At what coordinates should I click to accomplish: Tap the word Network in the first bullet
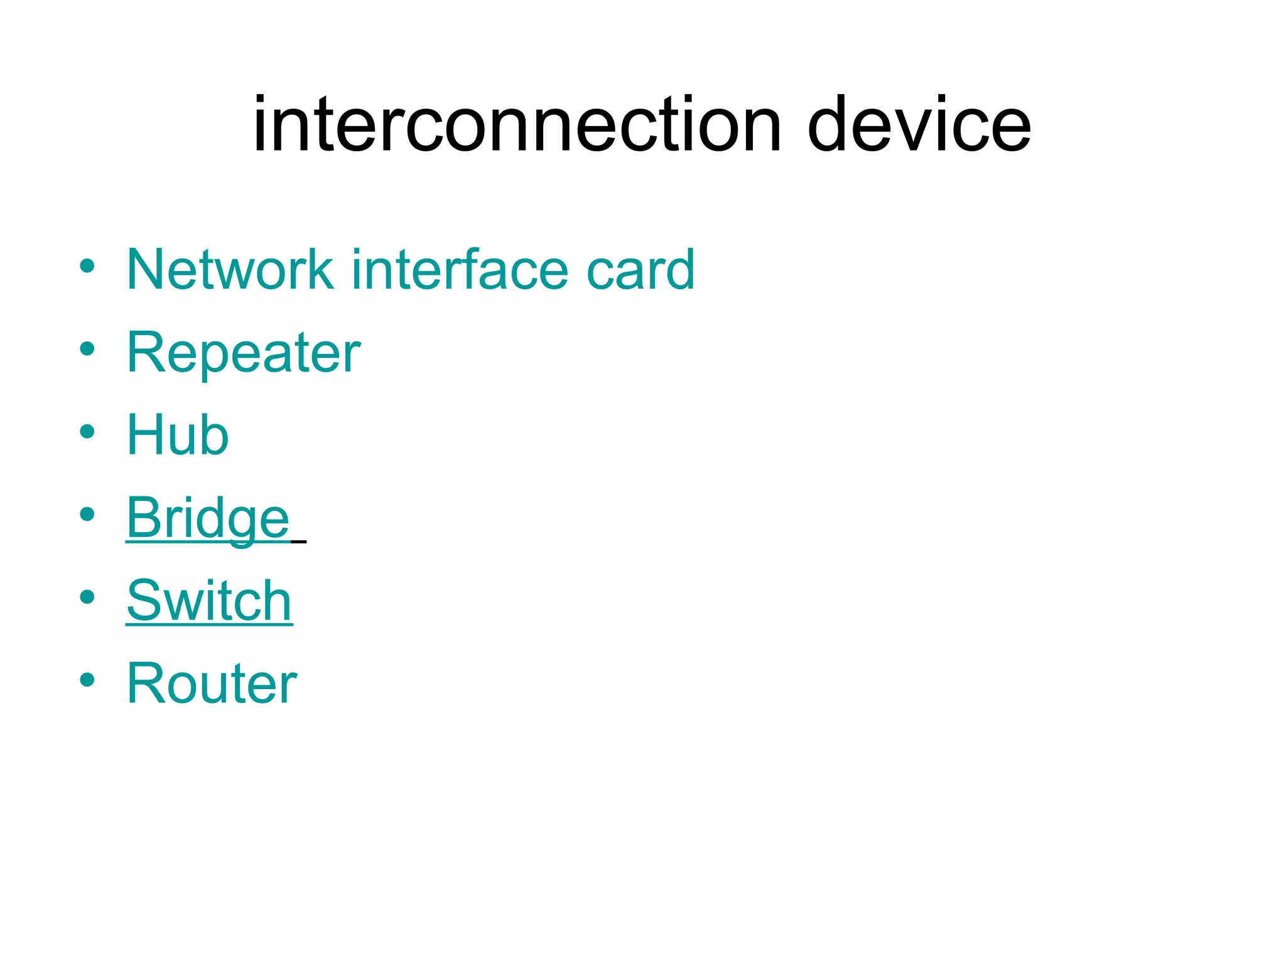point(230,270)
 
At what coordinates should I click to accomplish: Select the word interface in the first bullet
point(460,270)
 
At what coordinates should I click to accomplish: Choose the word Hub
point(178,435)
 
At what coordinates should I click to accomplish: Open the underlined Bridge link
point(208,518)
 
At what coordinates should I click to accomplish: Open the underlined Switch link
point(209,601)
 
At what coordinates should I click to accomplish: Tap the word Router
point(212,683)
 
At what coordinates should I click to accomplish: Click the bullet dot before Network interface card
point(87,266)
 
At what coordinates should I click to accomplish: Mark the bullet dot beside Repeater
point(87,349)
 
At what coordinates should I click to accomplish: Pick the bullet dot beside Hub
point(87,432)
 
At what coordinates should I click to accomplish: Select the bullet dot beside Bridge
point(87,515)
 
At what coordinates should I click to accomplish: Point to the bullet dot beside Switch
point(87,597)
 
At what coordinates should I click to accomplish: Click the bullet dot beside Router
point(87,680)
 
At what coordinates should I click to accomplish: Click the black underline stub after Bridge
point(299,541)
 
